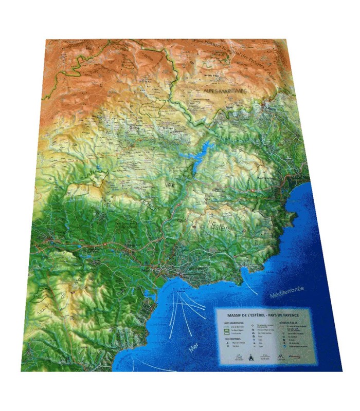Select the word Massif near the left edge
44,309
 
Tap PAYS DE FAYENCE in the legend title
286,313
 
